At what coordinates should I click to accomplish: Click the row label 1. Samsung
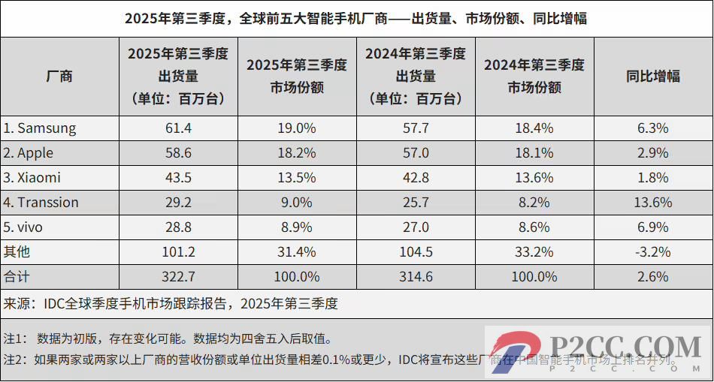click(40, 128)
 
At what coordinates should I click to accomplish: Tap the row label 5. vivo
click(30, 227)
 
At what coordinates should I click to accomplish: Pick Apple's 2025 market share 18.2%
click(296, 153)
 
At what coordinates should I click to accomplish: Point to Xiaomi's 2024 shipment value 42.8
click(415, 178)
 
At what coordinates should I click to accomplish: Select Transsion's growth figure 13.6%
click(652, 203)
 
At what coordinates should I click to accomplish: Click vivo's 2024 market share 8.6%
click(534, 227)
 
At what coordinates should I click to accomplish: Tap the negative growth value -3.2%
click(652, 252)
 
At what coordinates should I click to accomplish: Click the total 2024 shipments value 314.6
click(415, 277)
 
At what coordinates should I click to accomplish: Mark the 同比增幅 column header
click(652, 76)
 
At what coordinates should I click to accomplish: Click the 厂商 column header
click(59, 76)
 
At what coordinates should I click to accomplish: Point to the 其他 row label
click(17, 252)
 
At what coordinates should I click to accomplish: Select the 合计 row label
click(17, 277)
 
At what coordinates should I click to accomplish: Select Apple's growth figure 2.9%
click(652, 153)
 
